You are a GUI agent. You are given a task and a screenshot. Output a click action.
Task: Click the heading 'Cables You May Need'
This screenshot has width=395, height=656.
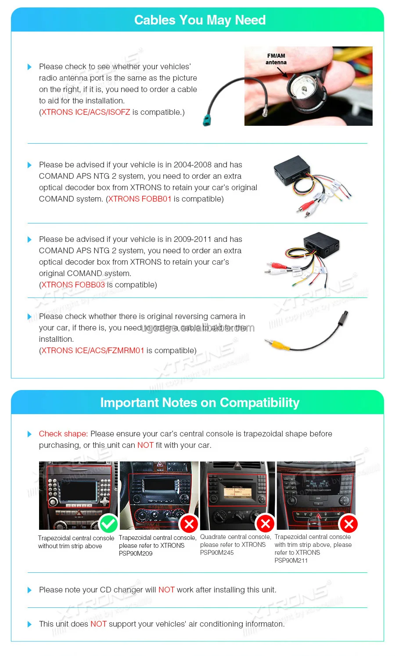200,20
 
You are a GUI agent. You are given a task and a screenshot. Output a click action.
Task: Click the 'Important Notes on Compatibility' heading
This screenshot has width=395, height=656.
200,403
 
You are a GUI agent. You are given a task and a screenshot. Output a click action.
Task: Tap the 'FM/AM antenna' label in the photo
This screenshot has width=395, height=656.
276,59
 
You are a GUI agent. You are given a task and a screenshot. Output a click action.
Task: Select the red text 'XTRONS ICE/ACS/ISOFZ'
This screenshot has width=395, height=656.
86,112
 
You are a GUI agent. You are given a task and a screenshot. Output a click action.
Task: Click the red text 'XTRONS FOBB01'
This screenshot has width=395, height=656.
140,199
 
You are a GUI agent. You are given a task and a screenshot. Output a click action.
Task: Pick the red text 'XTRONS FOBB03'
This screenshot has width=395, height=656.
73,285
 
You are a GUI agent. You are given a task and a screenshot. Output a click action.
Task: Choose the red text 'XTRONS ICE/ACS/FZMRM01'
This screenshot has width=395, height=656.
93,351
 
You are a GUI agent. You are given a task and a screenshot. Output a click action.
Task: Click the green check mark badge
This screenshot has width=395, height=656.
108,524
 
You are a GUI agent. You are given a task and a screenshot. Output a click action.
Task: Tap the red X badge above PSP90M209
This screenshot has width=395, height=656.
189,524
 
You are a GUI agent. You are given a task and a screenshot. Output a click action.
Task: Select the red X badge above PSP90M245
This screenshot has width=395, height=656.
266,523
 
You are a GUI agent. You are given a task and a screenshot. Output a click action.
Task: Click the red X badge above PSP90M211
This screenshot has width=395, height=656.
349,524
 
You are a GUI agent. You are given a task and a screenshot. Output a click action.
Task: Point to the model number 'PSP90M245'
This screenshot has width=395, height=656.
217,553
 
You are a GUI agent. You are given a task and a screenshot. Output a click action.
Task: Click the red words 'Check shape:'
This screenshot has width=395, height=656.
63,434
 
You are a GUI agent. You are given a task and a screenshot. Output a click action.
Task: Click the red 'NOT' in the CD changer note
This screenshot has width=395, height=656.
166,590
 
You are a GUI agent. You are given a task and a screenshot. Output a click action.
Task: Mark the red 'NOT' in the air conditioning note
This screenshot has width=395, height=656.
98,624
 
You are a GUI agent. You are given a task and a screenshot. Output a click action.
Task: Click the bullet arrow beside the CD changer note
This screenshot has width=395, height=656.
29,590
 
